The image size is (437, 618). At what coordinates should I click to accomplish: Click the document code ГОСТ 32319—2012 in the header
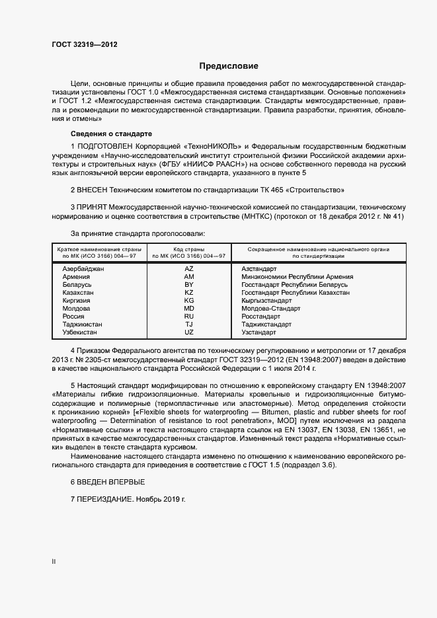tap(85, 45)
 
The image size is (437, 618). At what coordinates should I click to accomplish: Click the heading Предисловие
tap(229, 66)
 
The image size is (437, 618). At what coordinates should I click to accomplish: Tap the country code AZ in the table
tap(189, 269)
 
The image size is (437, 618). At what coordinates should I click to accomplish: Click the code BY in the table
tap(189, 285)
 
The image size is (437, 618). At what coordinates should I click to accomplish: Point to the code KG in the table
tap(189, 301)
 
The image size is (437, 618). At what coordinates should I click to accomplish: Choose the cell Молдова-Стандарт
tap(271, 309)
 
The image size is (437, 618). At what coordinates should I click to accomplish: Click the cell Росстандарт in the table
tap(262, 317)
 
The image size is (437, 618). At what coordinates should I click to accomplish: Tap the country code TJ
tap(189, 325)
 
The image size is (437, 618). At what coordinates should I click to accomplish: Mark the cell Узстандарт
tap(260, 332)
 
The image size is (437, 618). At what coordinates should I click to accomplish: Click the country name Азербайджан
tap(83, 269)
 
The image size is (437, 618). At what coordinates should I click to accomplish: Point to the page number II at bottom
tap(54, 561)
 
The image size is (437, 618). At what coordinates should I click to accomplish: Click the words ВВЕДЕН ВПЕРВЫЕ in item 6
tap(110, 481)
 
